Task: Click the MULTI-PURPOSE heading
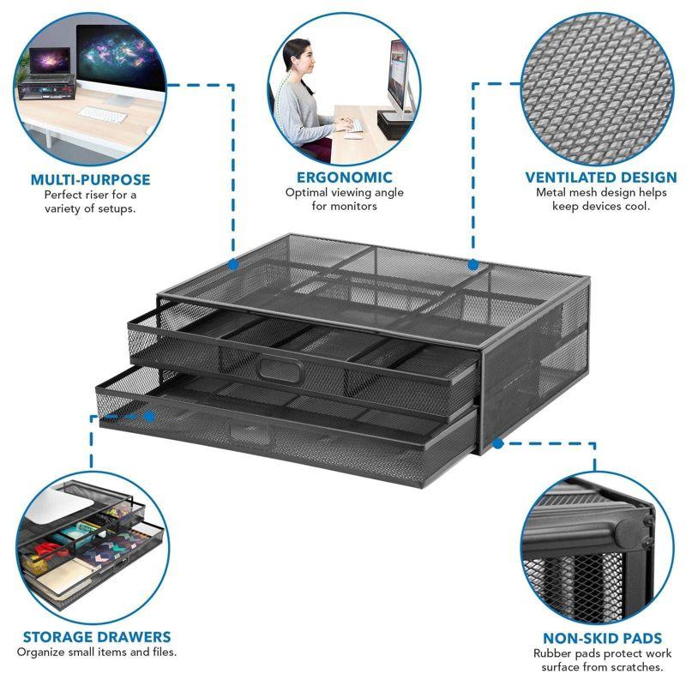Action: click(90, 179)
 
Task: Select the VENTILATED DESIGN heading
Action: click(600, 178)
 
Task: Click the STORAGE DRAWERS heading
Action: click(96, 637)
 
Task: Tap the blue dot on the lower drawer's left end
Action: click(149, 416)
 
